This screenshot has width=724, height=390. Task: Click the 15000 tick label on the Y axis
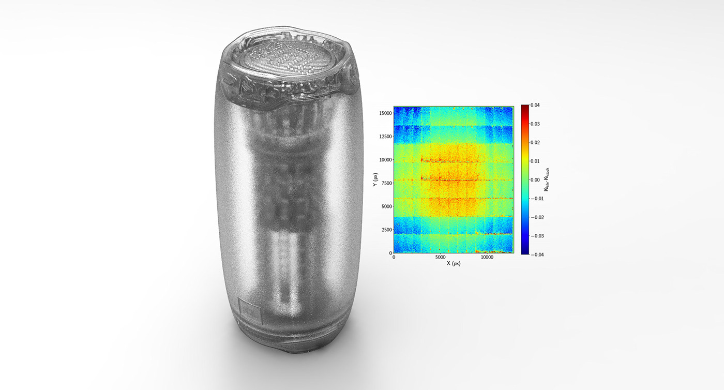click(386, 113)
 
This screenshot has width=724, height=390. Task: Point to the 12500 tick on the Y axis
click(386, 136)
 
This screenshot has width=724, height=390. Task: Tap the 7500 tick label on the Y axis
click(387, 183)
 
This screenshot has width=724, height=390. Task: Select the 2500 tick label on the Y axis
click(387, 230)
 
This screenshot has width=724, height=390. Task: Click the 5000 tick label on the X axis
click(440, 257)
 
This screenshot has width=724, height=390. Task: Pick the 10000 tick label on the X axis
click(487, 257)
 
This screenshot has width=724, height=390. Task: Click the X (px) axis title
click(454, 264)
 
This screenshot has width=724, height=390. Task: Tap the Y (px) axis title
click(375, 179)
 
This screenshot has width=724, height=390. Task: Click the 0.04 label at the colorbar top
click(535, 105)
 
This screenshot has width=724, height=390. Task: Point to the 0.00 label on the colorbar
click(535, 180)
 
